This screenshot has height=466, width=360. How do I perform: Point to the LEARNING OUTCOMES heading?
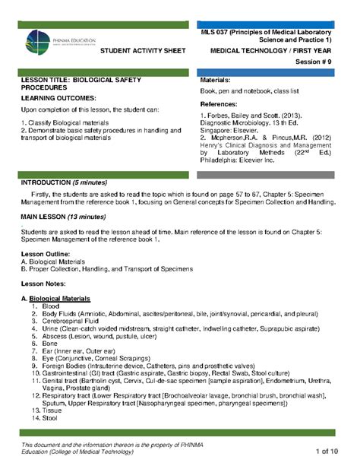click(x=58, y=99)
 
